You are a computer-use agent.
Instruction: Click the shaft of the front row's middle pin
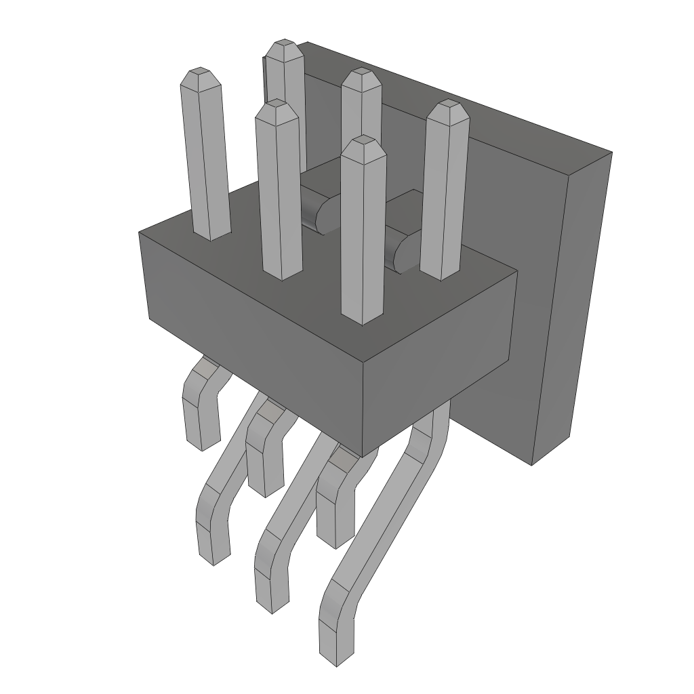click(x=279, y=197)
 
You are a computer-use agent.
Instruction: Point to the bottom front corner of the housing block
click(x=364, y=455)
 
